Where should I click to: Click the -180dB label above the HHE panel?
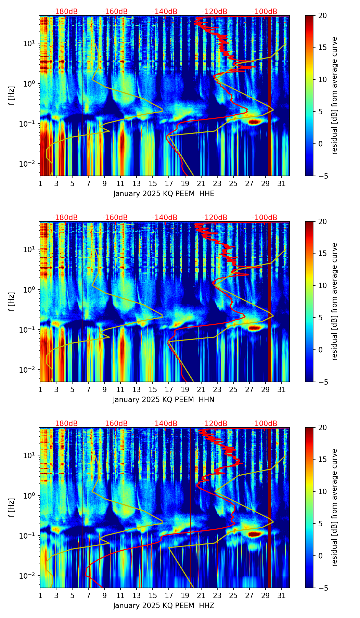coord(65,12)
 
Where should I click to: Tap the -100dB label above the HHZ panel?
coord(265,424)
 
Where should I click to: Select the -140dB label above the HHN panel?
coord(165,218)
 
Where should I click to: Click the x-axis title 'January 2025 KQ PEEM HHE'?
coord(164,194)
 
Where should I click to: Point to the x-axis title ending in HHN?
coord(164,400)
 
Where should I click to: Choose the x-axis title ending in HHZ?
coord(164,606)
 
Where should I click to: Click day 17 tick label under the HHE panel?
coord(169,183)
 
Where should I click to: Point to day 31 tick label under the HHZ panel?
coord(282,595)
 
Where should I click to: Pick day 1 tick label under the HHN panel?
coord(40,389)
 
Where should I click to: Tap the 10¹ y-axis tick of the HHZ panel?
coord(31,455)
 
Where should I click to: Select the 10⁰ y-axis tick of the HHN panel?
coord(31,290)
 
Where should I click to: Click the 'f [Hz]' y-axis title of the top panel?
coord(12,96)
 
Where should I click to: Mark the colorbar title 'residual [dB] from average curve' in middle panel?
coord(335,301)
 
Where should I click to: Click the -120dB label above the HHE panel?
coord(215,12)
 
